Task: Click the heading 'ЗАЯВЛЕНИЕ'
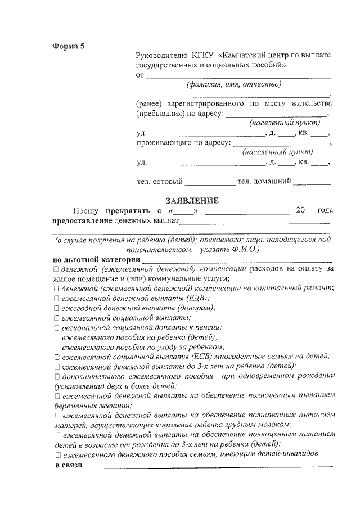pyautogui.click(x=191, y=200)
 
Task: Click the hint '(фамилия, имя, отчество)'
pyautogui.click(x=233, y=84)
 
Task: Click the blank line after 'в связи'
pyautogui.click(x=208, y=467)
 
